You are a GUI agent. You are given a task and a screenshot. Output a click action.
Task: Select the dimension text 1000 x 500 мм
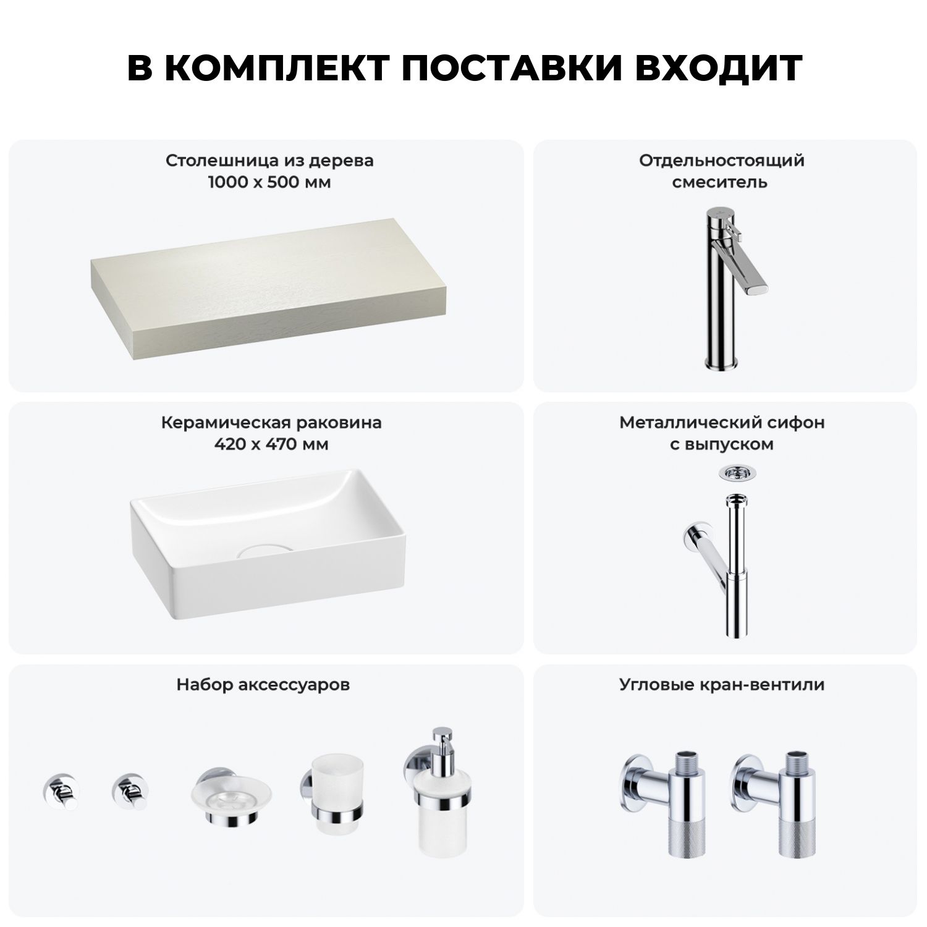tap(270, 182)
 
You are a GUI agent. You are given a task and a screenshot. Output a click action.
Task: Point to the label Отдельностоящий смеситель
tap(721, 171)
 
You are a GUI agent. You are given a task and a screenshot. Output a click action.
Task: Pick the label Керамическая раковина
tap(271, 423)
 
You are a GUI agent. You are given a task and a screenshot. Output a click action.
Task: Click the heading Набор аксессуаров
tap(263, 685)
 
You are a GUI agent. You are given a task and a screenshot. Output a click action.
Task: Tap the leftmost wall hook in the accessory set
tap(60, 792)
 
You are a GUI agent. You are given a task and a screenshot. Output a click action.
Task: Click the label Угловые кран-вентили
tap(721, 685)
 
